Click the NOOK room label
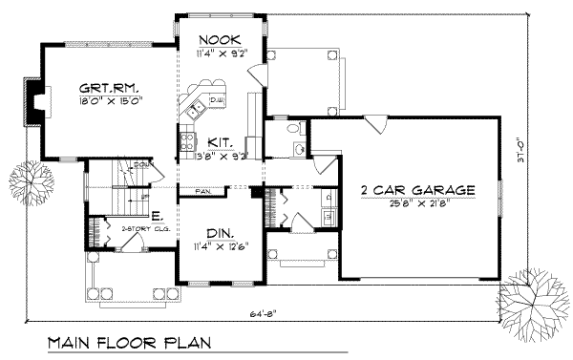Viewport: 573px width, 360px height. (x=219, y=40)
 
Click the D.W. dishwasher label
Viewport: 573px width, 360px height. (x=217, y=99)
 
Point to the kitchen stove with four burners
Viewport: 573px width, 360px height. (x=186, y=146)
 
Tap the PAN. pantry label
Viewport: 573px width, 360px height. (x=204, y=192)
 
